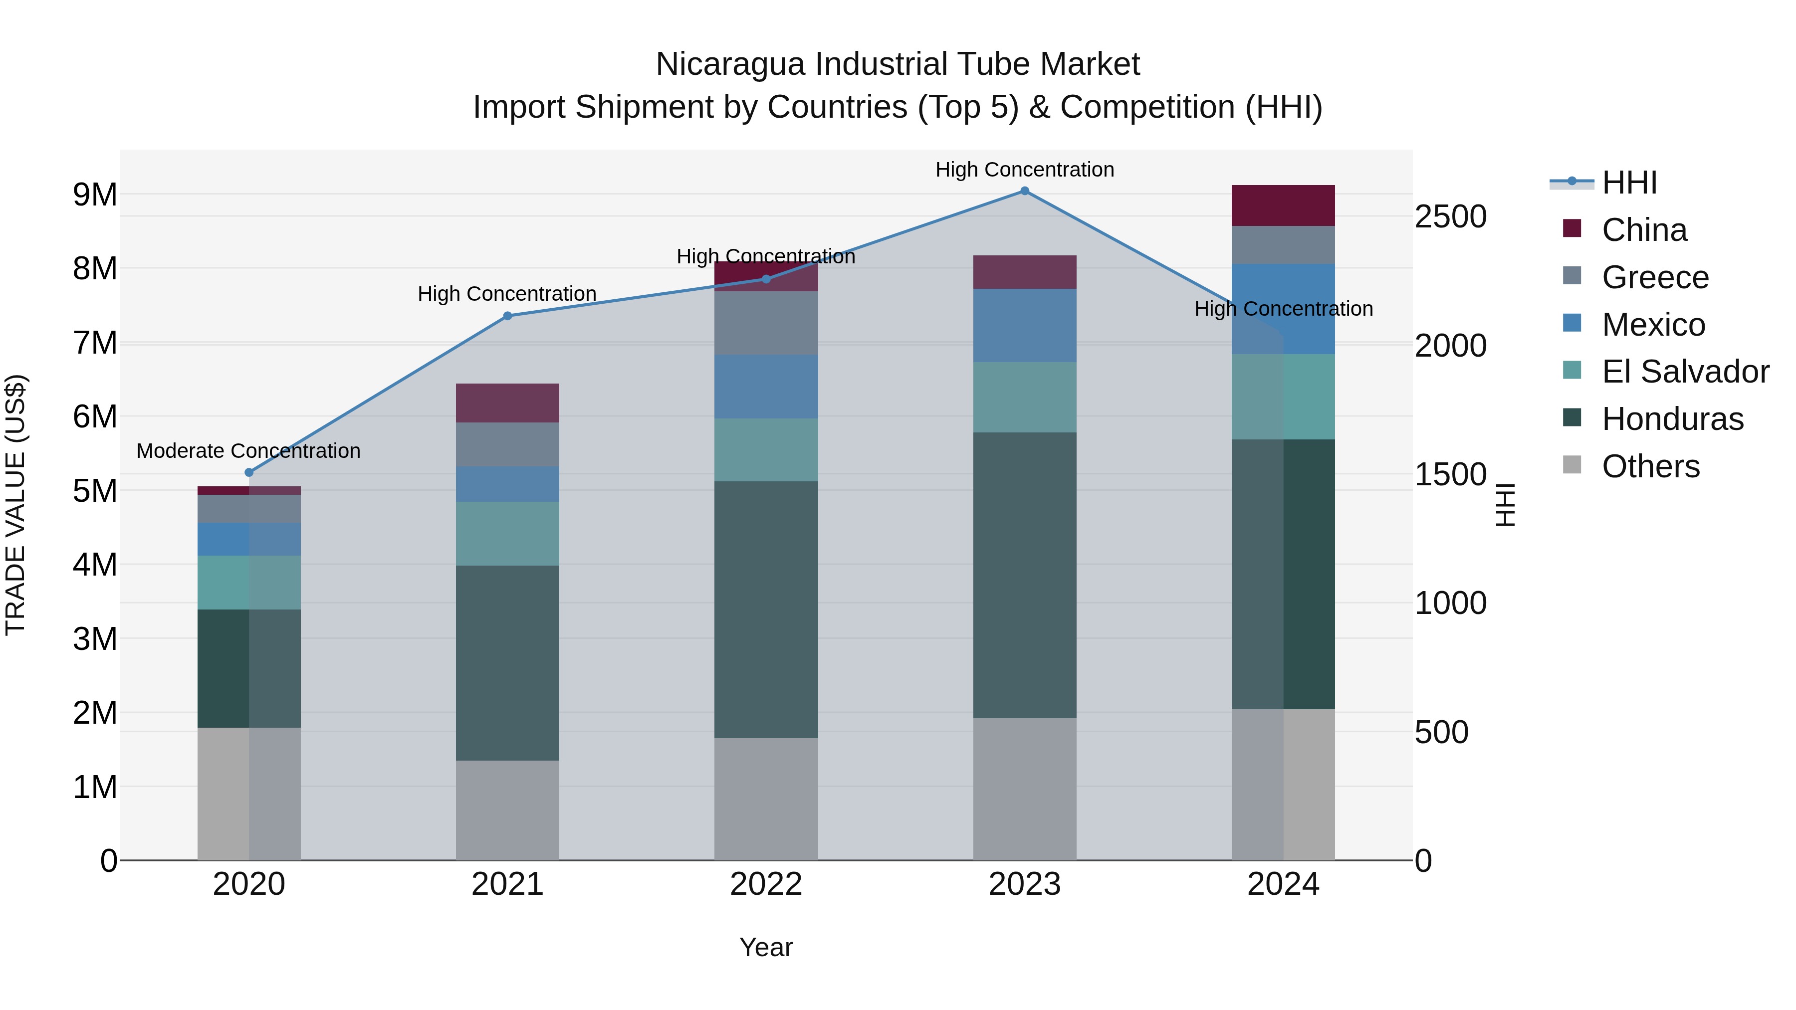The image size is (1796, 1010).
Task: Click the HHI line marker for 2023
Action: tap(1024, 191)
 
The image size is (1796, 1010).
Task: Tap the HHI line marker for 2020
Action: tap(249, 473)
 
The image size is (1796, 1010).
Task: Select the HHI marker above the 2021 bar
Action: tap(507, 316)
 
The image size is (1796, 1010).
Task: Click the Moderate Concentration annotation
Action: tap(248, 451)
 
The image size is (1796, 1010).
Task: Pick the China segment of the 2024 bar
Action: tap(1283, 205)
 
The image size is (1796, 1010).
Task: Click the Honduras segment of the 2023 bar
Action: tap(1024, 575)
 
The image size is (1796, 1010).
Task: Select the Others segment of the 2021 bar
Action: tap(507, 810)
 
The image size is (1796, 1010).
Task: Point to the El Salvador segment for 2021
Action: tap(507, 533)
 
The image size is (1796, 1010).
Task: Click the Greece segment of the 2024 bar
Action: tap(1283, 245)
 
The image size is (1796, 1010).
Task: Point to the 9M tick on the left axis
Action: tap(95, 195)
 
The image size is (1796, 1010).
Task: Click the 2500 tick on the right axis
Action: tap(1450, 217)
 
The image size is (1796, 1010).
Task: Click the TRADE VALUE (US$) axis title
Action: tap(15, 505)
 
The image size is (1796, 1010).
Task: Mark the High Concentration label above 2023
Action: tap(1024, 170)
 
